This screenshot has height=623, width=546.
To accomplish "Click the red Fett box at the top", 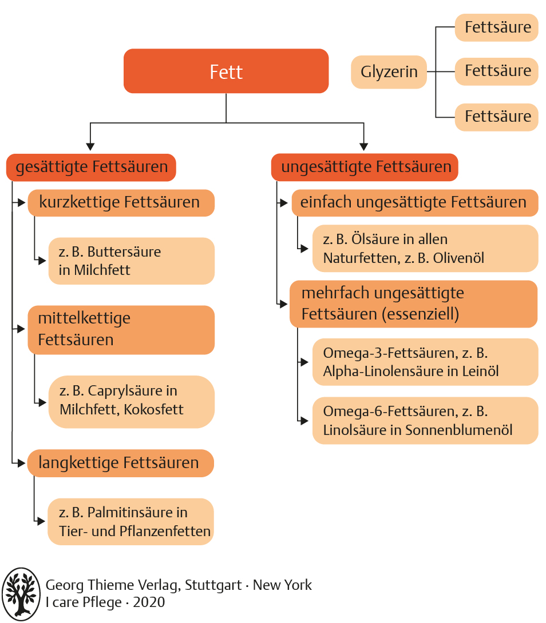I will pos(226,71).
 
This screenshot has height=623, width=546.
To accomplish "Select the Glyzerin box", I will pos(389,72).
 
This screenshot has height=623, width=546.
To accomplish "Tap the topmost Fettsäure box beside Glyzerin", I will pos(497,27).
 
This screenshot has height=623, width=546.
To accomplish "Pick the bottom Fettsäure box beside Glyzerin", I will pos(497,117).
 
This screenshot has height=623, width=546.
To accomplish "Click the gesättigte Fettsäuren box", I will pos(92,167).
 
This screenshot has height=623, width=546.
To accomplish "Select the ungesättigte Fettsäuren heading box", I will pos(365,167).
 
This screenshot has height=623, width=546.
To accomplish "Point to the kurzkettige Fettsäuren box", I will pos(121,202).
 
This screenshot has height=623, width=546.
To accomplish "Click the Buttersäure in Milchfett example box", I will pos(131,261).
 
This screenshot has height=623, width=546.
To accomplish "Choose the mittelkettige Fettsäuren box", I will pos(121,329).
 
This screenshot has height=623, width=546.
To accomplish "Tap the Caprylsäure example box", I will pos(131,401).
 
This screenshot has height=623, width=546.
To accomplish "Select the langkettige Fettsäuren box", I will pos(120,463).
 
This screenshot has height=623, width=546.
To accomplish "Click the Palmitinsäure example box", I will pos(131,522).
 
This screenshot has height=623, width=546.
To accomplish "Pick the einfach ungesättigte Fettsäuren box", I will pos(414,202).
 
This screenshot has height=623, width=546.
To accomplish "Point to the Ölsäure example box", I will pos(425,249).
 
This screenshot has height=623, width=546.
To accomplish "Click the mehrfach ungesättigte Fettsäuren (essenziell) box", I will pos(413,303).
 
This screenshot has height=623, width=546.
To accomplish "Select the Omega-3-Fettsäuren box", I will pos(425,362).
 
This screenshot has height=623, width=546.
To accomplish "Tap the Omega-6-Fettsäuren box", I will pos(425,421).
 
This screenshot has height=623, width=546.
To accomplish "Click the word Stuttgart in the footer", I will pos(212,585).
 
